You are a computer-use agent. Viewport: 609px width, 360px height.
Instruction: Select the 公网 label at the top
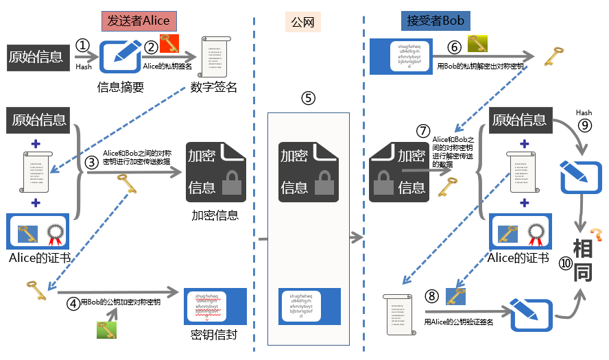point(302,21)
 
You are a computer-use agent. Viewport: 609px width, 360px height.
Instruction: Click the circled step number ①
point(83,45)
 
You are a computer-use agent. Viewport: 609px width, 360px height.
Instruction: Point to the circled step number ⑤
point(308,97)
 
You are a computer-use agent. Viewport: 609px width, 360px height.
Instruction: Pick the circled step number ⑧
point(431,296)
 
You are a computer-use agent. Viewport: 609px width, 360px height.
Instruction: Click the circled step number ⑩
point(565,264)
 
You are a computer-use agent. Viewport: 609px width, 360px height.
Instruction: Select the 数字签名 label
point(213,86)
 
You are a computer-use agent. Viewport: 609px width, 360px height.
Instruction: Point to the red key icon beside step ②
point(169,44)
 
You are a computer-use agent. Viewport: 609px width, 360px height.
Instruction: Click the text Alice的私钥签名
point(168,66)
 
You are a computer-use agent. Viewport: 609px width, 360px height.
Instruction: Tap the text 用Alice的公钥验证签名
point(458,322)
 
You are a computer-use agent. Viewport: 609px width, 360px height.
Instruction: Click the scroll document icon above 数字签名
point(214,58)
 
